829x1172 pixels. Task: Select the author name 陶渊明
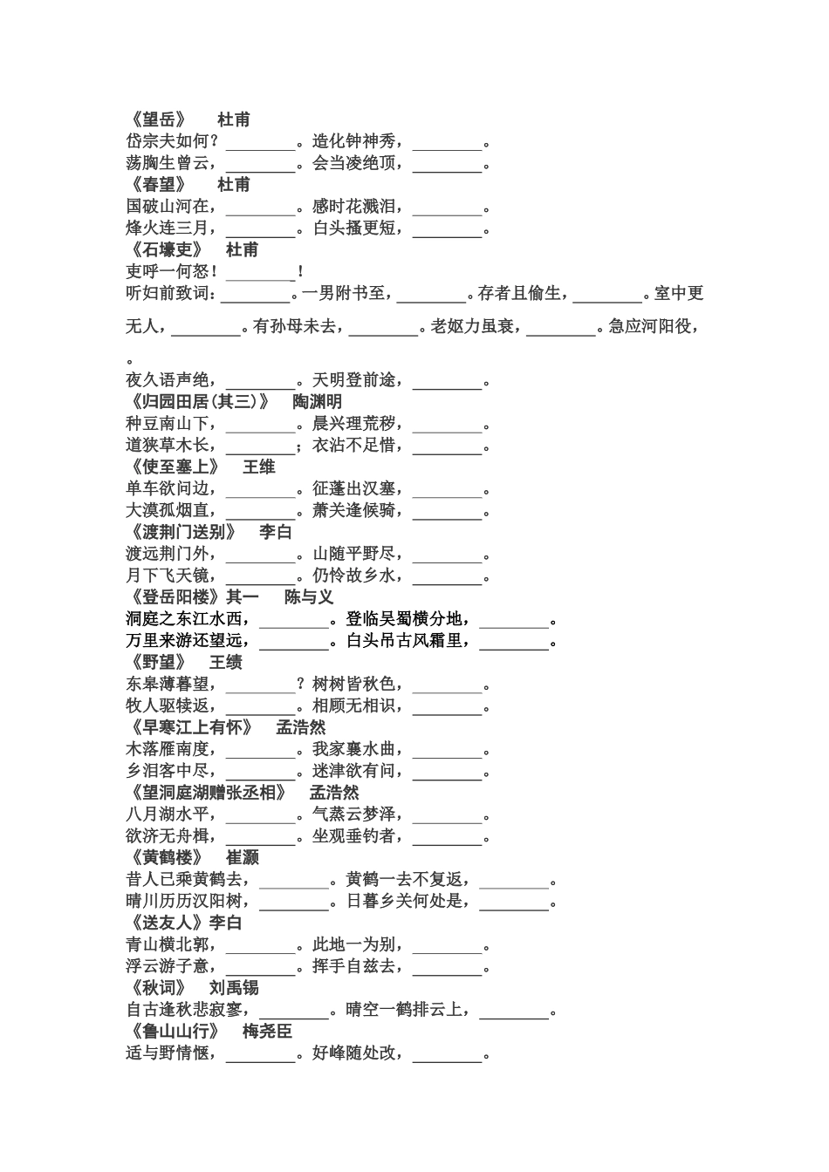(317, 402)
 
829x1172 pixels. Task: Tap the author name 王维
(258, 467)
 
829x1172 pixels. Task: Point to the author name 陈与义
(309, 597)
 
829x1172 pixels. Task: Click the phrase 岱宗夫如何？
(172, 141)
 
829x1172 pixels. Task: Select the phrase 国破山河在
(168, 207)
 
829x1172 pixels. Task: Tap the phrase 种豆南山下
(168, 424)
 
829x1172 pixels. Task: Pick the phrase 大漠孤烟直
(168, 510)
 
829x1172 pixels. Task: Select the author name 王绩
(225, 663)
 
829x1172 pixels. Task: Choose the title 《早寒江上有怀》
(189, 727)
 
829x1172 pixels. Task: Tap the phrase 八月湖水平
(168, 814)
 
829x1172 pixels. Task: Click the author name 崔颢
(242, 858)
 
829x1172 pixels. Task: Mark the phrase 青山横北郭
(168, 944)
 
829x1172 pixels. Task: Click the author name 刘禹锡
(234, 988)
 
